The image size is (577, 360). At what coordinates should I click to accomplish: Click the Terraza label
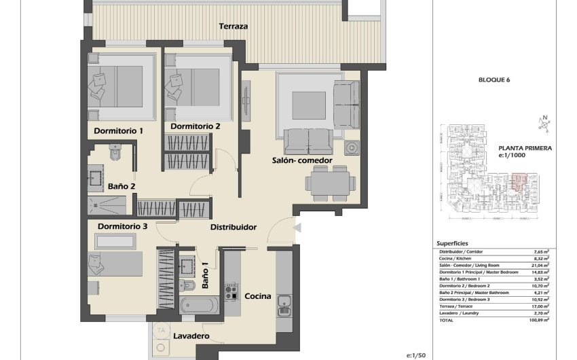tap(233, 26)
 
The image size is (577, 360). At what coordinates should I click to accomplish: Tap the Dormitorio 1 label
tap(119, 130)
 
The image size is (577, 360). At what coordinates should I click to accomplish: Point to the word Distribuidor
tap(233, 227)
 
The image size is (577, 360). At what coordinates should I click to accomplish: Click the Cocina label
tap(258, 296)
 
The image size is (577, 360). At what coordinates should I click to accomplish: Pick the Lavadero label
tap(190, 336)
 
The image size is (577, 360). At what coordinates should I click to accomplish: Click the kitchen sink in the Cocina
tap(284, 306)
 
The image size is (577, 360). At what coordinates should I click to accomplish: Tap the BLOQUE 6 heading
tap(494, 80)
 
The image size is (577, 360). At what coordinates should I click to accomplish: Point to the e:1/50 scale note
tap(415, 355)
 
